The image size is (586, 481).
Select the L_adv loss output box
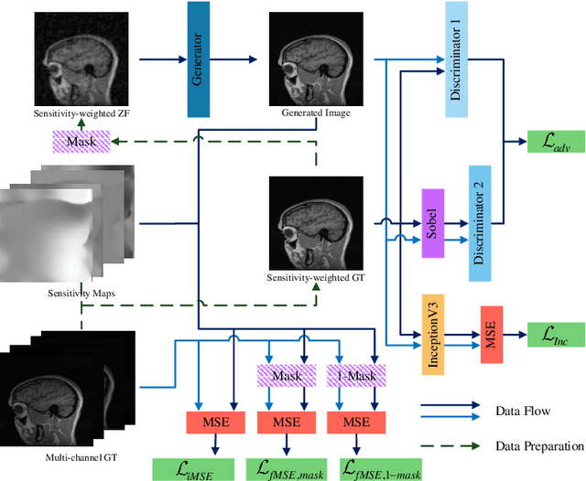point(549,143)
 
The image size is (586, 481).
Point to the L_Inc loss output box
point(550,333)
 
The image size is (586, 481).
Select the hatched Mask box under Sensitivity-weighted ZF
point(81,142)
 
